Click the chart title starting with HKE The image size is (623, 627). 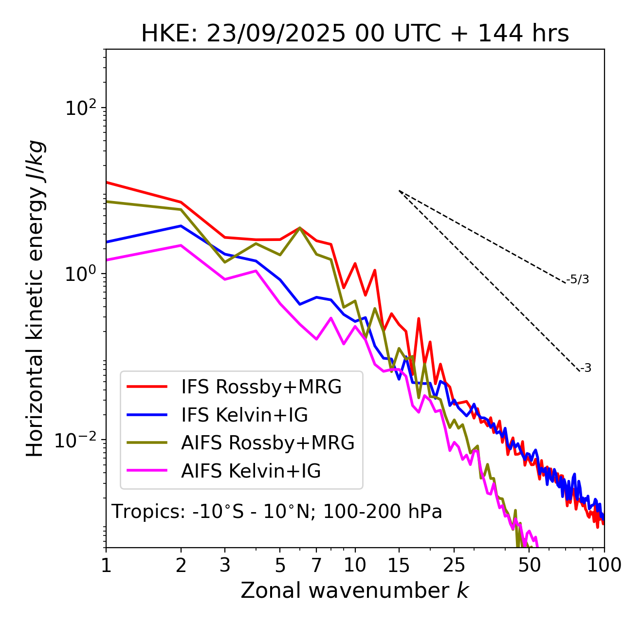[355, 34]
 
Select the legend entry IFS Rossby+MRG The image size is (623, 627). [261, 387]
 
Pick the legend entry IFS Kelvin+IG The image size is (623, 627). [244, 415]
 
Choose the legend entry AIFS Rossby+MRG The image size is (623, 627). [268, 443]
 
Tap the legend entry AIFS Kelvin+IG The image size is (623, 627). [251, 471]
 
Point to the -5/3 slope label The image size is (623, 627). [578, 280]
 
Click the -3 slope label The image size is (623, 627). [586, 369]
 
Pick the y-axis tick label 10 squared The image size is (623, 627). [79, 108]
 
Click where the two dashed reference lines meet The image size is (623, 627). [399, 191]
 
